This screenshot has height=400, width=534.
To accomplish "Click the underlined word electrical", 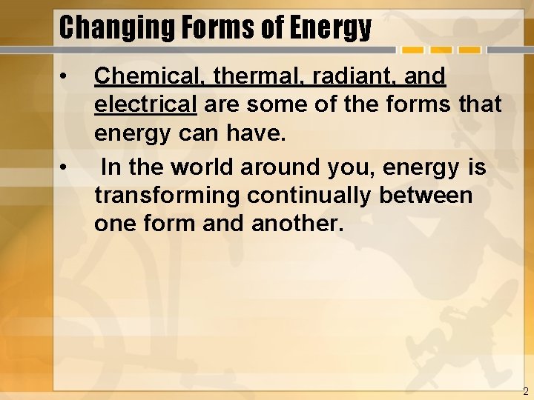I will pos(145,106).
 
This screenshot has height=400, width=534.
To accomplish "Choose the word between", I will pos(431,196).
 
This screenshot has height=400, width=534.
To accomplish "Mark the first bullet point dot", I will pos(66,76).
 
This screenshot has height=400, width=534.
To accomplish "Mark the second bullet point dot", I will pos(66,167).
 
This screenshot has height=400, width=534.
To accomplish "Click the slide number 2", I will pos(525,392).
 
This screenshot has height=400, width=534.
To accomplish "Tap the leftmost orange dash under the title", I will pos(413,51).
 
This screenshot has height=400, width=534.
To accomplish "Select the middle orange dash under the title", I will pos(441,51).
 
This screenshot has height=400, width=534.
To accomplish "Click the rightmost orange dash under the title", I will pos(469,51).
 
